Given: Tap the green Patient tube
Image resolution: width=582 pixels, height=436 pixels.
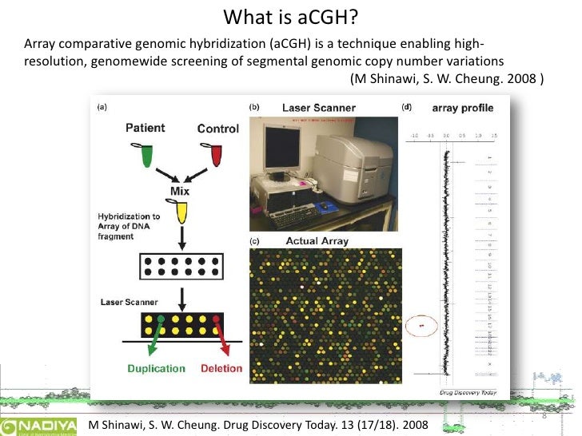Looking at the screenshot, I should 145,154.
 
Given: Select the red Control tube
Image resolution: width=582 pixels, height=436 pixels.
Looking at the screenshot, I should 217,155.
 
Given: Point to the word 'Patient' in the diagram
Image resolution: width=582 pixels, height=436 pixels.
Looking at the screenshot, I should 145,128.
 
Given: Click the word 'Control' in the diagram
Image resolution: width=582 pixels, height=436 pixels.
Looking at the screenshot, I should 217,129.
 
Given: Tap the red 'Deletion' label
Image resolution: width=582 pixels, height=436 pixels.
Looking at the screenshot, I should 221,369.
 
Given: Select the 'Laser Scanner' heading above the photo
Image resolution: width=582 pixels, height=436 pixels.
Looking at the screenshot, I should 318,108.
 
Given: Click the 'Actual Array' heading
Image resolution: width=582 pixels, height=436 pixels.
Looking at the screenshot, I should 317,241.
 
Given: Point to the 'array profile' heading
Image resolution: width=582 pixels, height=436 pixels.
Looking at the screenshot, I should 462,108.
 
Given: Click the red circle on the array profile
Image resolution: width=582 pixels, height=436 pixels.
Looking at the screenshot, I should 421,326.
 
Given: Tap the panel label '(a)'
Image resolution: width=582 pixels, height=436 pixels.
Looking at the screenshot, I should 102,107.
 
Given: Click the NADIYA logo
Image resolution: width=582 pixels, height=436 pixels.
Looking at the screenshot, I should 39,424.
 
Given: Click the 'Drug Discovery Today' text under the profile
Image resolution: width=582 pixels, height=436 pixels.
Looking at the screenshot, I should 468,392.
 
